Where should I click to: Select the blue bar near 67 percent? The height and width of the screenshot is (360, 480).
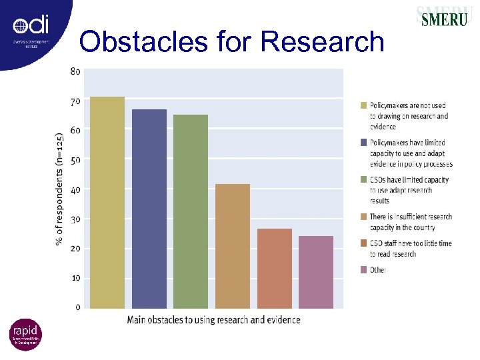[x=149, y=208]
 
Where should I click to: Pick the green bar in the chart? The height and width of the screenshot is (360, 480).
[x=191, y=211]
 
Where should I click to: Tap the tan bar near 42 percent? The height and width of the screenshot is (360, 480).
[x=232, y=246]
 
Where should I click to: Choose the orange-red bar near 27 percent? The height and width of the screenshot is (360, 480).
[x=274, y=268]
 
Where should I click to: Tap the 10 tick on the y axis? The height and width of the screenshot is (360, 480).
[x=75, y=278]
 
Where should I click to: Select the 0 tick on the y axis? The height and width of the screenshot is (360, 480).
[x=77, y=307]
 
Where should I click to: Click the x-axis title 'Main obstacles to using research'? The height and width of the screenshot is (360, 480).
[x=213, y=320]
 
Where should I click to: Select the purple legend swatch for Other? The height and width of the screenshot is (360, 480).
[x=363, y=270]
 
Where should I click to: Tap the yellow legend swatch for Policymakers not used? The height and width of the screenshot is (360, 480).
[x=363, y=105]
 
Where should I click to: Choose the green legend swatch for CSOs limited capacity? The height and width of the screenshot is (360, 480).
[x=363, y=179]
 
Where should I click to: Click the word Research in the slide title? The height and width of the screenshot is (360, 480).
[x=323, y=41]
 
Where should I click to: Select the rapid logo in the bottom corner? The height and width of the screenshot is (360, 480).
[x=25, y=335]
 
